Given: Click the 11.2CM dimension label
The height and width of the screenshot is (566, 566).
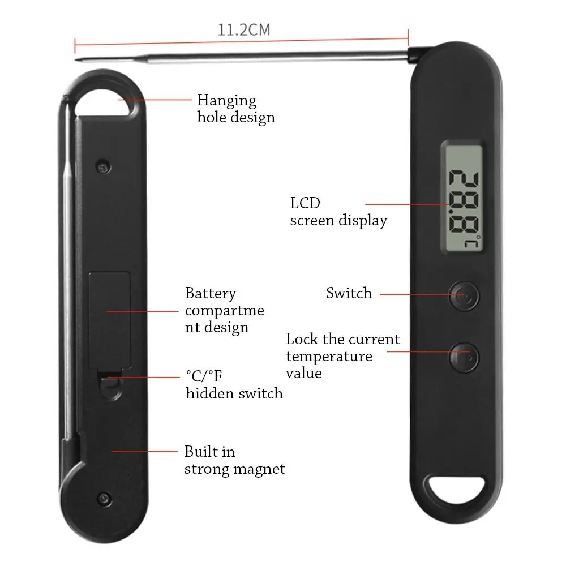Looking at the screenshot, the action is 244,29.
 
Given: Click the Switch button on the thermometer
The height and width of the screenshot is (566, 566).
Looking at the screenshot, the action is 464,296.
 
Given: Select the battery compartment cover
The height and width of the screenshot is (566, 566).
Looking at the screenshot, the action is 110,320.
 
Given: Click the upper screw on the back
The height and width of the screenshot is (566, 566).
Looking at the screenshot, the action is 103,167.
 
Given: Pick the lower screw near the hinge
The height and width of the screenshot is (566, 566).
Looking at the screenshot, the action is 104,499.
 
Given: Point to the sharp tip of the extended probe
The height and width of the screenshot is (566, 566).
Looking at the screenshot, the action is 76,59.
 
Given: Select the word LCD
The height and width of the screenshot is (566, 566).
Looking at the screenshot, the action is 305,203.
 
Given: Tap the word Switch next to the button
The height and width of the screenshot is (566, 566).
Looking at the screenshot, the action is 349,293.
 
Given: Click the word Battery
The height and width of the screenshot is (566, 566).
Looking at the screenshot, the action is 211,293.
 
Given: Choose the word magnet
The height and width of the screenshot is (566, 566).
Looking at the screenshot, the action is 259,469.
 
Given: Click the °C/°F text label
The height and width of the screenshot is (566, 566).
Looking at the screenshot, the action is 204,376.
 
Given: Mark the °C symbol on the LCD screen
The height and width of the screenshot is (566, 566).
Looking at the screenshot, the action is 474,242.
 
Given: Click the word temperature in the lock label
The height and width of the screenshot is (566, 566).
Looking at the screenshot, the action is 329,357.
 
